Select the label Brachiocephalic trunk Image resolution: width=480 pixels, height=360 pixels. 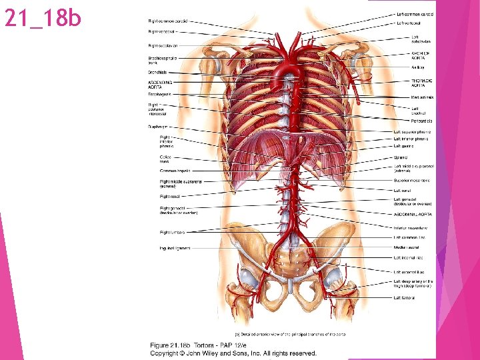point(163,60)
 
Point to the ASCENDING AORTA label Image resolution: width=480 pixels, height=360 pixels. point(160,85)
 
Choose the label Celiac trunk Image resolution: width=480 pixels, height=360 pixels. point(165,159)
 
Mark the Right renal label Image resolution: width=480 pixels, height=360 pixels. point(169,197)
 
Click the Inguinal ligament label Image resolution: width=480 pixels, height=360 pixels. point(175,248)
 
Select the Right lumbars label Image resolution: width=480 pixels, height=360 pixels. point(172,232)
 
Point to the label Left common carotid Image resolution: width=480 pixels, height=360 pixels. point(415,14)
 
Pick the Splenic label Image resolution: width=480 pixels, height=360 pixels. point(401,157)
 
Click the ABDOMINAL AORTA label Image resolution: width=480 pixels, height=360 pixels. point(413,214)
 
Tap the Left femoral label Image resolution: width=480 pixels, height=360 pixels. point(404,297)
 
